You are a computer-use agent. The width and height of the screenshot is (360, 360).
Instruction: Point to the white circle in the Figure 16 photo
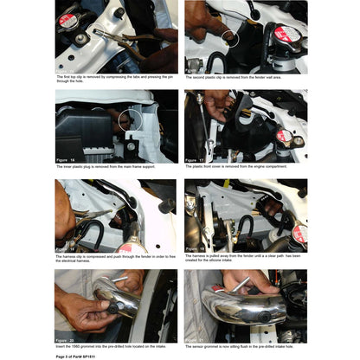[x=132, y=120]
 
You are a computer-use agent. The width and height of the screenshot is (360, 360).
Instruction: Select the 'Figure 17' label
[x=196, y=160]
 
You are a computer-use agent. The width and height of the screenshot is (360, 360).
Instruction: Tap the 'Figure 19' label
[x=196, y=248]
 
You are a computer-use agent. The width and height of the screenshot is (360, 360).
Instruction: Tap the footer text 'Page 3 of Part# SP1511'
[x=80, y=356]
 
